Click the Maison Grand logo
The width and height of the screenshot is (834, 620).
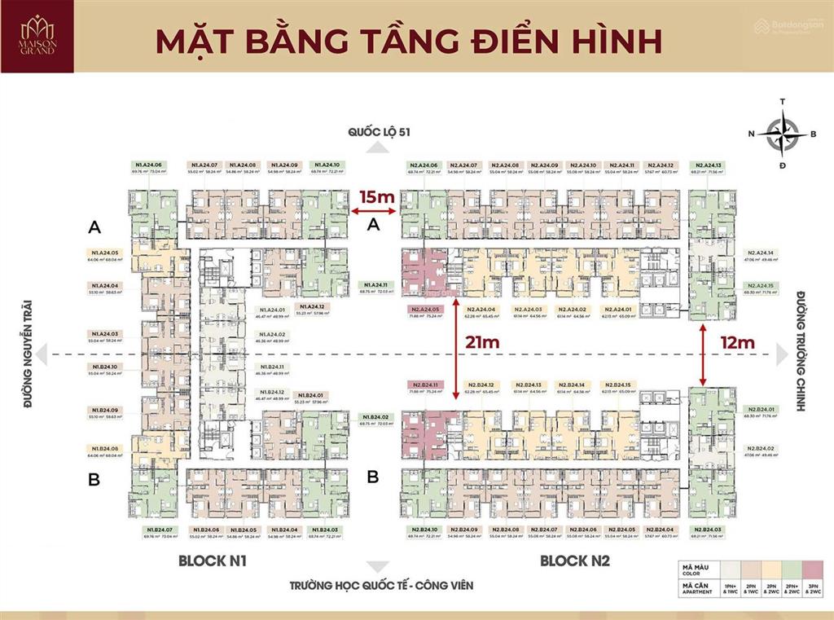(39, 36)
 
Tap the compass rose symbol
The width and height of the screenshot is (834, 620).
(782, 134)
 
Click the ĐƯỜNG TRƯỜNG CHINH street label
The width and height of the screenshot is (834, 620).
(801, 350)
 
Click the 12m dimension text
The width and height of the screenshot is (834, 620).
(737, 343)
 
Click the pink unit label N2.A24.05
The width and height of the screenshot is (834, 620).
(425, 310)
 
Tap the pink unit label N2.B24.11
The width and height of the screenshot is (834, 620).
(425, 385)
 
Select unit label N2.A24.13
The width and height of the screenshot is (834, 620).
(705, 165)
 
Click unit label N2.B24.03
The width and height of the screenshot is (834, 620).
(705, 530)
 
